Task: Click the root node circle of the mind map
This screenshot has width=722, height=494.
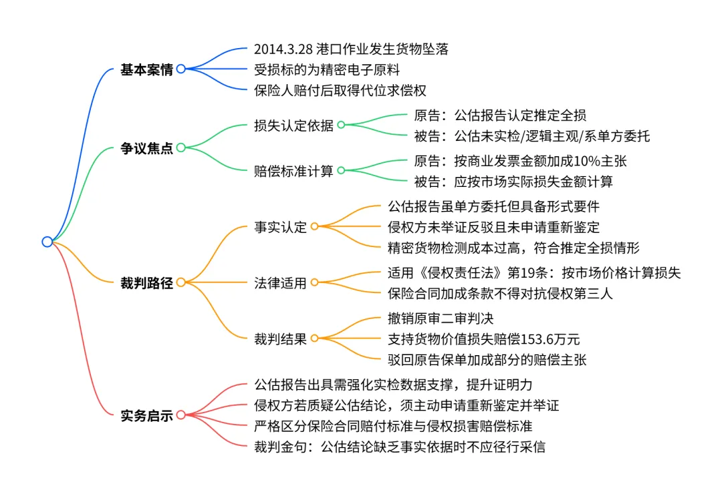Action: [x=47, y=242]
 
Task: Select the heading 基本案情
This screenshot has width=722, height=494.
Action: [x=146, y=69]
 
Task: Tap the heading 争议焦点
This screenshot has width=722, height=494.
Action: [x=146, y=148]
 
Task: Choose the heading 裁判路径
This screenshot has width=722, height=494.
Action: [x=146, y=283]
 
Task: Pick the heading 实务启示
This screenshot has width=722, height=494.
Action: [x=146, y=416]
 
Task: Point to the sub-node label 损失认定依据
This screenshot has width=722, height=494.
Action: [x=293, y=125]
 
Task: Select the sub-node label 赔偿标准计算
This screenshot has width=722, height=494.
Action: [x=293, y=170]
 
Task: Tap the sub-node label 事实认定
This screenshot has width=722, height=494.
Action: [x=280, y=227]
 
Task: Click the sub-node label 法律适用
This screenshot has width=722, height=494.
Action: [x=280, y=283]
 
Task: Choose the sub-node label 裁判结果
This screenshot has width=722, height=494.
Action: [x=280, y=339]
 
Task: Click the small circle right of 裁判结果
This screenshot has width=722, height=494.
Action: [x=315, y=339]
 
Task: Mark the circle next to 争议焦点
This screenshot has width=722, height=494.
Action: [x=180, y=148]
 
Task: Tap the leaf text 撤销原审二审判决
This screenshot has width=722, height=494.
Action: [x=441, y=318]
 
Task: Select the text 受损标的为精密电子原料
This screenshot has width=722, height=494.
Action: [x=327, y=69]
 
